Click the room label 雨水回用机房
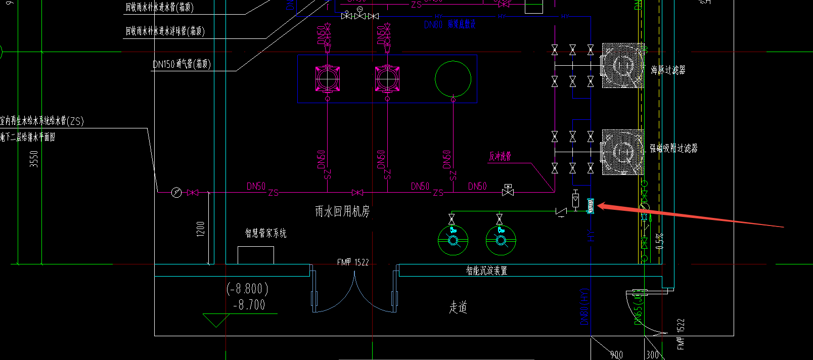pyautogui.click(x=342, y=211)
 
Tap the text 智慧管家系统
pyautogui.click(x=265, y=233)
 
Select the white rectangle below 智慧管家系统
pyautogui.click(x=255, y=255)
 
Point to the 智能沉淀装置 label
pyautogui.click(x=486, y=271)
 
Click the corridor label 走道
pyautogui.click(x=458, y=307)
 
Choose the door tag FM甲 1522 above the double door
pyautogui.click(x=353, y=262)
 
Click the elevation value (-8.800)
pyautogui.click(x=247, y=289)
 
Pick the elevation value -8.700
pyautogui.click(x=249, y=305)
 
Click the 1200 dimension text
pyautogui.click(x=201, y=229)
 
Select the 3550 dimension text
pyautogui.click(x=34, y=159)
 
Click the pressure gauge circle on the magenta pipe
pyautogui.click(x=176, y=193)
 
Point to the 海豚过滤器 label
pyautogui.click(x=668, y=70)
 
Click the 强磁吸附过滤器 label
pyautogui.click(x=673, y=148)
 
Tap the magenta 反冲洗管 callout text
pyautogui.click(x=500, y=156)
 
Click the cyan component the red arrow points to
pyautogui.click(x=590, y=206)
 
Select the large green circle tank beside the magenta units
pyautogui.click(x=453, y=78)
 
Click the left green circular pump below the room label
pyautogui.click(x=453, y=240)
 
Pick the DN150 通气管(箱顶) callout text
pyautogui.click(x=182, y=64)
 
